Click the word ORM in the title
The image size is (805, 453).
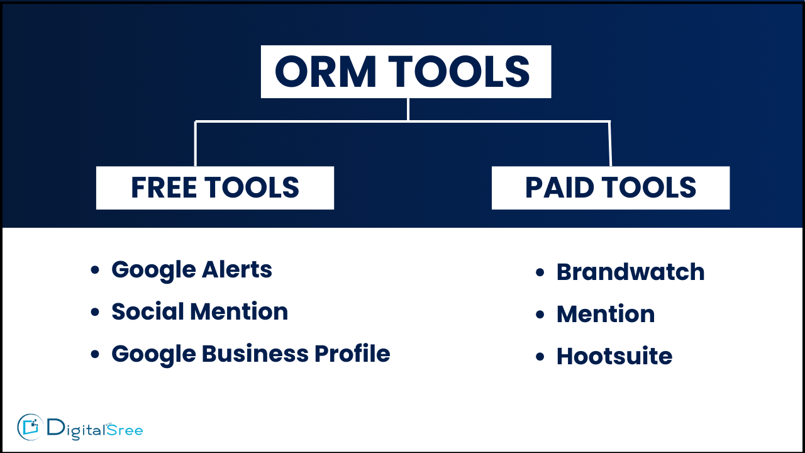326,72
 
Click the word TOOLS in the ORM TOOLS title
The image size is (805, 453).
459,72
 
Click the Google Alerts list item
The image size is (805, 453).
192,270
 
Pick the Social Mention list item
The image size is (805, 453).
200,311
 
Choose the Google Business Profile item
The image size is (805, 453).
251,354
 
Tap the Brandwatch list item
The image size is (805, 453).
631,272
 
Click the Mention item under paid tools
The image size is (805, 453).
606,314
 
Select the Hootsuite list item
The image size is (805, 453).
614,356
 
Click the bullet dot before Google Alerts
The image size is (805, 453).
95,270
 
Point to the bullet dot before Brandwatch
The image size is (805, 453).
540,272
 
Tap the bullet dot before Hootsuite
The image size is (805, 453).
540,357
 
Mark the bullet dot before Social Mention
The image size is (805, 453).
95,312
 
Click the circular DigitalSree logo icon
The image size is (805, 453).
30,427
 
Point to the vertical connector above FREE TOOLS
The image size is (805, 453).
195,143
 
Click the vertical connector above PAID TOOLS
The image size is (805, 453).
610,143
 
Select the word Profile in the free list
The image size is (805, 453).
352,354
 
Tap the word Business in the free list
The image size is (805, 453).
255,354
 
